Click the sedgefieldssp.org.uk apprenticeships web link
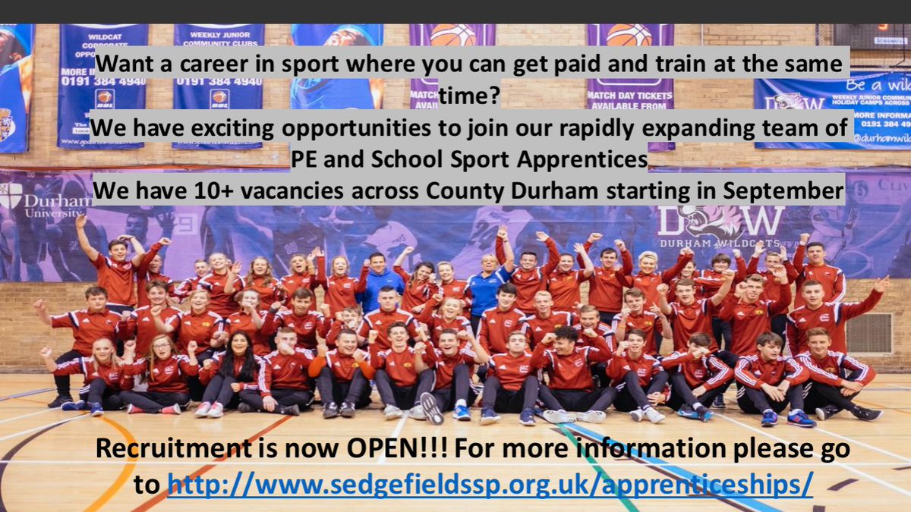(490, 483)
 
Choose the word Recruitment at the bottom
(170, 449)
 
